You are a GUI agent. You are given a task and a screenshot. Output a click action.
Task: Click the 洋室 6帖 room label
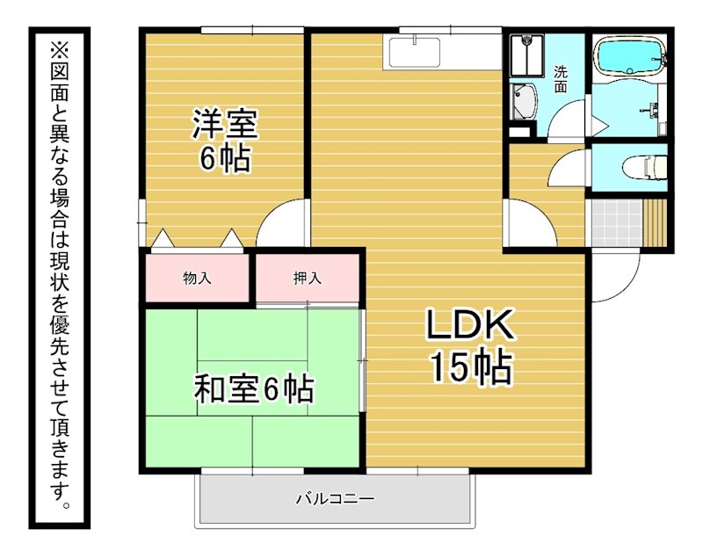(225, 141)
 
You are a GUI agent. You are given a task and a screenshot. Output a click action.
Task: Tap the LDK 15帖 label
(470, 345)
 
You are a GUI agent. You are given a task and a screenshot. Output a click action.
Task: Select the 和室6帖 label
(254, 388)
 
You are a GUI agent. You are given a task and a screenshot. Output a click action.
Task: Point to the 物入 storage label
(197, 279)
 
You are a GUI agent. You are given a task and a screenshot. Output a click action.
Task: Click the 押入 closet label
(308, 279)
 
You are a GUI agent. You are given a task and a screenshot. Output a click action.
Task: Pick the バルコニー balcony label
(336, 498)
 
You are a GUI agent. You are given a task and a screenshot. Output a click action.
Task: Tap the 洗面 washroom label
(561, 79)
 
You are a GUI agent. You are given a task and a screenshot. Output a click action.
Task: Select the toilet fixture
(644, 167)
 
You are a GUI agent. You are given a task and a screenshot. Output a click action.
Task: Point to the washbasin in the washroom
(524, 101)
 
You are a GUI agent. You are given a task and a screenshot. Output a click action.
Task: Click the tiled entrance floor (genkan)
(617, 223)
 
